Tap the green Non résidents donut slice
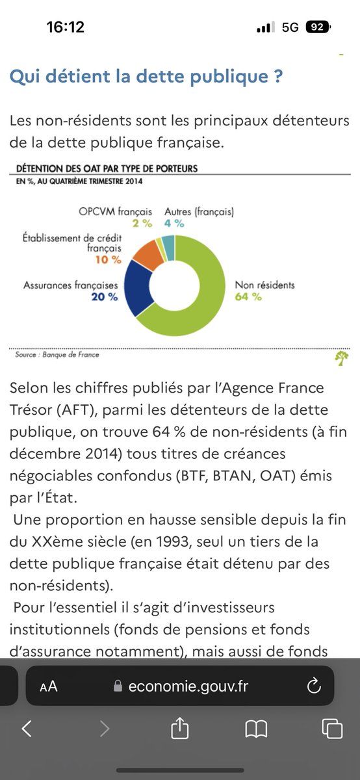tap(209, 300)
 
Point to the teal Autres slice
tap(168, 248)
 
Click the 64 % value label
tap(248, 296)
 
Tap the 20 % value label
tap(105, 297)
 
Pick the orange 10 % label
tap(109, 260)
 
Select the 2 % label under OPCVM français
tap(142, 224)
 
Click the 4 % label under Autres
tap(174, 224)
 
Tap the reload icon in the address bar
tap(314, 686)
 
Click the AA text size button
tap(48, 686)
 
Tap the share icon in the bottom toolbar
tap(179, 727)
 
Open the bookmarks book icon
tap(256, 729)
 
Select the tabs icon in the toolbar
tap(332, 728)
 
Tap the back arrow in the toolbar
tap(27, 728)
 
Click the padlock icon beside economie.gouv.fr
tap(118, 686)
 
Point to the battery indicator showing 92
tap(318, 27)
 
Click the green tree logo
tap(342, 358)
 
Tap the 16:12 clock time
tap(66, 27)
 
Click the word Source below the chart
tap(26, 355)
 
